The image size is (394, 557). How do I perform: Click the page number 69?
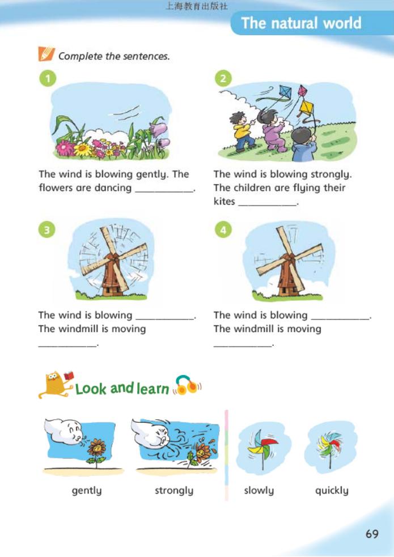[x=372, y=534]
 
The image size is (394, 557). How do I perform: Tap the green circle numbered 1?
[x=48, y=78]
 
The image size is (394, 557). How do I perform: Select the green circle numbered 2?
[x=223, y=78]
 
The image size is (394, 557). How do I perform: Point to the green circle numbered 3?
[x=47, y=230]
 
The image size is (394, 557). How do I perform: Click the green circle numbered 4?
[x=223, y=230]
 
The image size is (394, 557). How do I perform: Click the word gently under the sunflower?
[x=87, y=491]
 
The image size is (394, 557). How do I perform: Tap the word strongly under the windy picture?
[x=174, y=491]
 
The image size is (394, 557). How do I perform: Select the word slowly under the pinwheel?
[x=259, y=491]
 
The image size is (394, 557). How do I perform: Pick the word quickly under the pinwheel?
[x=332, y=491]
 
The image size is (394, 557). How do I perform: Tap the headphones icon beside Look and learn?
[x=187, y=385]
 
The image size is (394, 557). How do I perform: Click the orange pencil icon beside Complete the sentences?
[x=46, y=54]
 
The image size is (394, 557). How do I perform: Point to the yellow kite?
[x=306, y=108]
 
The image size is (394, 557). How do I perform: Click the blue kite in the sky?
[x=285, y=92]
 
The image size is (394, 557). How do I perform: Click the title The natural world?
[x=301, y=23]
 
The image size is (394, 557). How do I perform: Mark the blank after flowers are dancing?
[x=164, y=191]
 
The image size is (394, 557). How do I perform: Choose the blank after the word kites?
[x=267, y=205]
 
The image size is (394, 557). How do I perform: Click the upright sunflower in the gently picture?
[x=96, y=451]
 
